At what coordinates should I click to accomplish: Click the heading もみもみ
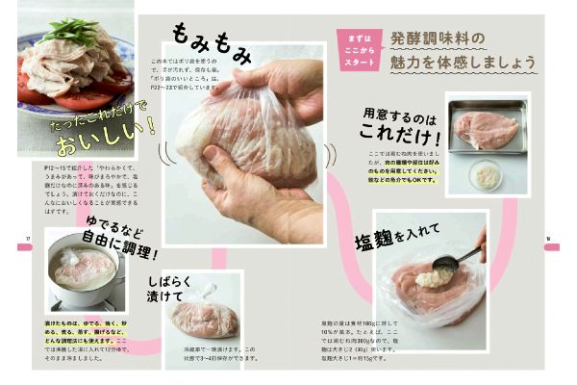pos(211,43)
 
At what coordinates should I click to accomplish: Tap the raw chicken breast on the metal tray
pos(486,126)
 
